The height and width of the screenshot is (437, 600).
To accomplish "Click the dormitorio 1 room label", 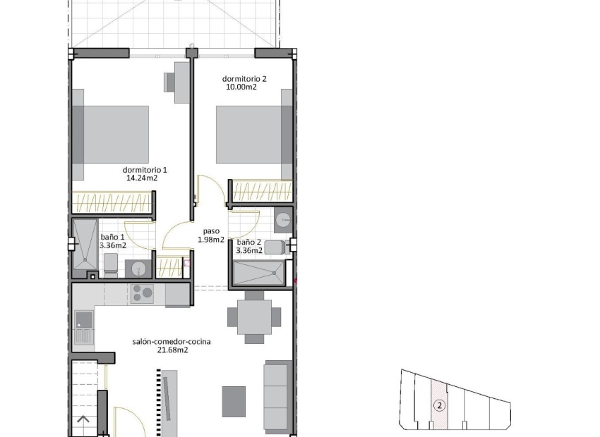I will point(145,170).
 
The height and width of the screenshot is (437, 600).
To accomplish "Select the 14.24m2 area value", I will point(141,178).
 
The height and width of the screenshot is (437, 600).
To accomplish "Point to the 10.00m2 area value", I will point(240,87).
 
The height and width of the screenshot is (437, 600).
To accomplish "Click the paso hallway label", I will point(211,230).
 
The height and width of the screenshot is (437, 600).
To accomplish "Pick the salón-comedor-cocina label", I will point(172,342).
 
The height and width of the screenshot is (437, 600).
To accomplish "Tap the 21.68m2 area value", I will point(172,350).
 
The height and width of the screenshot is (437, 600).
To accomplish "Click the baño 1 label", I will point(112,237).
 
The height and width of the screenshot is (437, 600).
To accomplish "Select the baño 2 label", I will point(249,242).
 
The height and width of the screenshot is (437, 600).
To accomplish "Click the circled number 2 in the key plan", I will point(439,405).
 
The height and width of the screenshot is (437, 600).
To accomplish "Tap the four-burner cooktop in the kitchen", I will point(140,293).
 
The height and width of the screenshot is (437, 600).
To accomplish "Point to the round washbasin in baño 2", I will point(283,220).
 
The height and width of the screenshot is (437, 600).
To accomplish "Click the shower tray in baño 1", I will point(84,243).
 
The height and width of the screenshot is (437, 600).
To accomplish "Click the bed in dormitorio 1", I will point(113,134).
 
